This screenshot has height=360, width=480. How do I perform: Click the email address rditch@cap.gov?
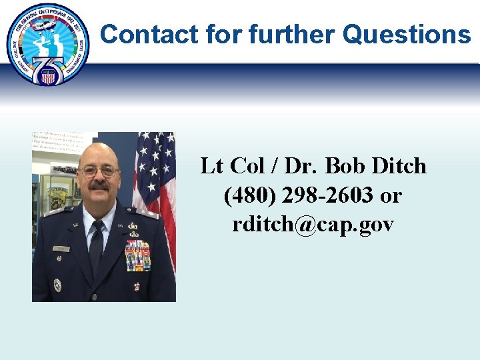click(313, 225)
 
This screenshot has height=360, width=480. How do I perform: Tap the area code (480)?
click(250, 195)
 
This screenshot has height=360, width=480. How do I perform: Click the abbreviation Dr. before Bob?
click(303, 166)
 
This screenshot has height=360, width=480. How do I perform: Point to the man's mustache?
click(99, 185)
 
